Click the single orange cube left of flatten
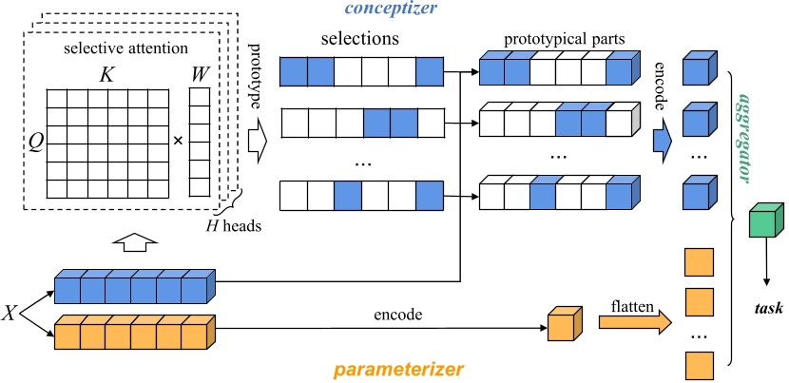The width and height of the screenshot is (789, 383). click(x=561, y=323)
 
